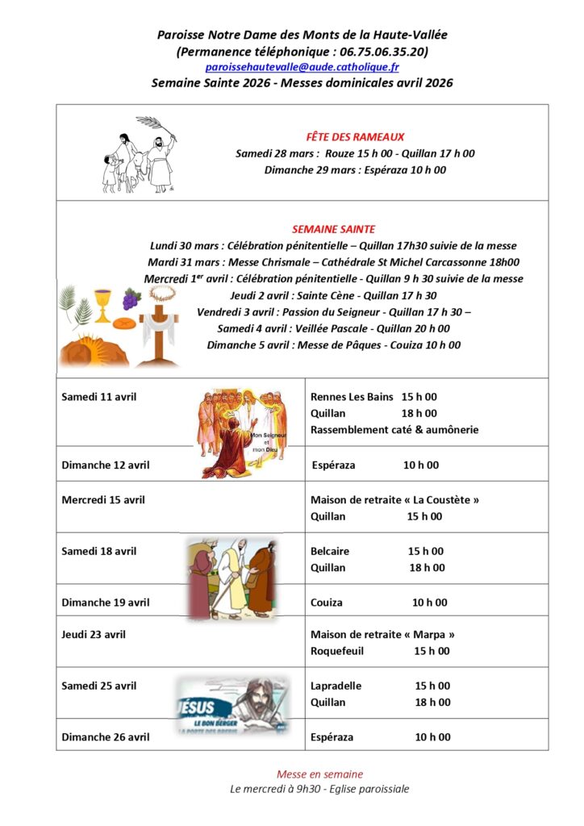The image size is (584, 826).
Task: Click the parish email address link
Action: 302,68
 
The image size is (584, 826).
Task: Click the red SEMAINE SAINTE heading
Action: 333,229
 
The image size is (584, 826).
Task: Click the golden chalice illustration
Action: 102,306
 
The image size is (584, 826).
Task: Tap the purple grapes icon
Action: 131,298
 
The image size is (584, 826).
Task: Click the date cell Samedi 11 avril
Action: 99,397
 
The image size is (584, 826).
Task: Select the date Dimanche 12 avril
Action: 106,465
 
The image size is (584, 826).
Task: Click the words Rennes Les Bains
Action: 352,397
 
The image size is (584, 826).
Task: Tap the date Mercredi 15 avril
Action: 103,500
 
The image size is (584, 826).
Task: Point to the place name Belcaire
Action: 330,552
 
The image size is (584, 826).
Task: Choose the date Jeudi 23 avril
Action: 94,635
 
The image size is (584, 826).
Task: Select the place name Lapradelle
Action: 336,686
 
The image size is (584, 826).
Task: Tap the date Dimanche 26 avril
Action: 106,736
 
